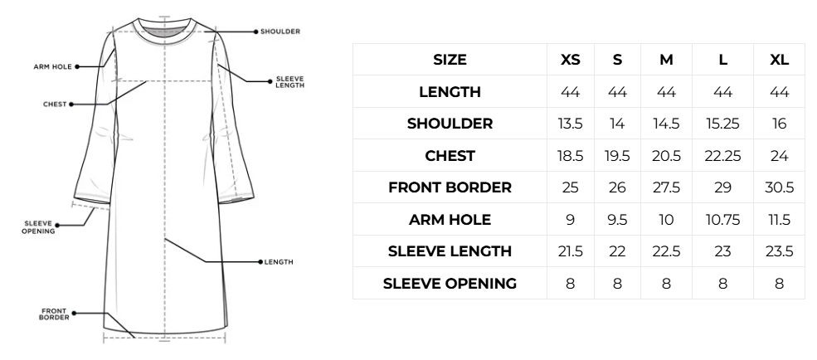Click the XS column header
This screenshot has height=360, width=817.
pos(570,60)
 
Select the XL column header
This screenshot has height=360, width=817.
pos(779,60)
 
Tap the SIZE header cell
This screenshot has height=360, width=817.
pos(450,60)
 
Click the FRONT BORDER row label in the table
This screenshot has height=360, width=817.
pos(450,187)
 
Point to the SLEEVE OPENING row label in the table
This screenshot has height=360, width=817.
pos(450,284)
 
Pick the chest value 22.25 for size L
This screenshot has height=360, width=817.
pos(722,156)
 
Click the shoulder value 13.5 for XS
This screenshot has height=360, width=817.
pos(570,124)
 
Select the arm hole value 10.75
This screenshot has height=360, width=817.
pos(722,220)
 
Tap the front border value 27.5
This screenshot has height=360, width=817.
pos(666,187)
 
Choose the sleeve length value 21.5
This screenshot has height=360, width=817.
pos(570,251)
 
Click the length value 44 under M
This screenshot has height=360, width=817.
pos(666,92)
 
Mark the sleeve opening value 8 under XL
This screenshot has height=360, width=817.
pos(779,284)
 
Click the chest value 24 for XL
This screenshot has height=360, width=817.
pos(779,156)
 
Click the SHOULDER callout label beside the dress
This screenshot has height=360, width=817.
pos(280,32)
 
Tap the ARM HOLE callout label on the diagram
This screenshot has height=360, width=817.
pos(52,66)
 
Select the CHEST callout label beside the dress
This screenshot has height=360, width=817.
pos(55,105)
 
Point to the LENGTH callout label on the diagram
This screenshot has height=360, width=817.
pos(279,262)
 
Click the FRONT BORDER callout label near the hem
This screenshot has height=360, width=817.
pos(54,314)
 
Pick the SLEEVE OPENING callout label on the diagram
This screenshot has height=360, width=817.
pos(38,227)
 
